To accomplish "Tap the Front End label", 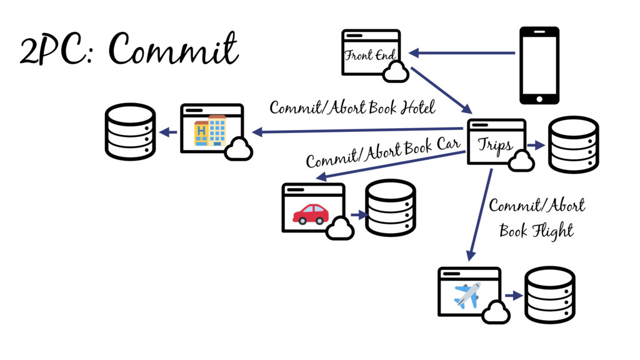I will click(370, 55).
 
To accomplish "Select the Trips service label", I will click(496, 145).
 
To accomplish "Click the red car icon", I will click(311, 214).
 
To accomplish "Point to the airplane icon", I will click(467, 295).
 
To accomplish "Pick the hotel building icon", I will click(210, 131).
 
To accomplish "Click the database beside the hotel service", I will click(130, 132).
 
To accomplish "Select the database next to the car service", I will click(391, 208).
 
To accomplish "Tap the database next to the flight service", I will click(549, 294).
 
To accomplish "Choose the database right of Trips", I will click(573, 144).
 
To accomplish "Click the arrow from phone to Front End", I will click(462, 53).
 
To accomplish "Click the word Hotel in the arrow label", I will click(417, 107).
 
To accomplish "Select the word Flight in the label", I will click(552, 231).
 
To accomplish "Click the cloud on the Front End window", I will click(396, 72).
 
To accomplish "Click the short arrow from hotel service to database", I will click(167, 132).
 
